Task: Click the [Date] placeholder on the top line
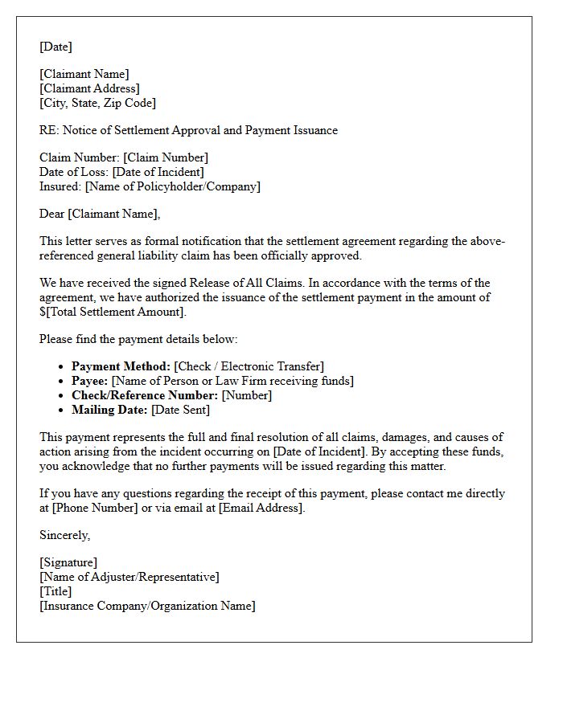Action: point(55,47)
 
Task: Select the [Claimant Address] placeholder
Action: point(89,88)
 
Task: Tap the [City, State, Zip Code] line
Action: point(97,103)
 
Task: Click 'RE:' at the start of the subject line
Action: point(48,130)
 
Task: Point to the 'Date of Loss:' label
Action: point(74,172)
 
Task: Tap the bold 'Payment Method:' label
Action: point(121,366)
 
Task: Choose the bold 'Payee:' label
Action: point(90,381)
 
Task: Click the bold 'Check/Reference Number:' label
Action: point(145,395)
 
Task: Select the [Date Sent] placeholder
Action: point(180,410)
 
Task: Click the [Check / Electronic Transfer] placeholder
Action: point(249,366)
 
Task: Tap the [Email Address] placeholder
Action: point(261,508)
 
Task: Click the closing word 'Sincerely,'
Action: point(65,535)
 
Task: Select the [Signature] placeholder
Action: point(68,562)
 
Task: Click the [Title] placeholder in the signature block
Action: point(55,591)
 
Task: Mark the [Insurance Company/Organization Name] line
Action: point(147,606)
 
